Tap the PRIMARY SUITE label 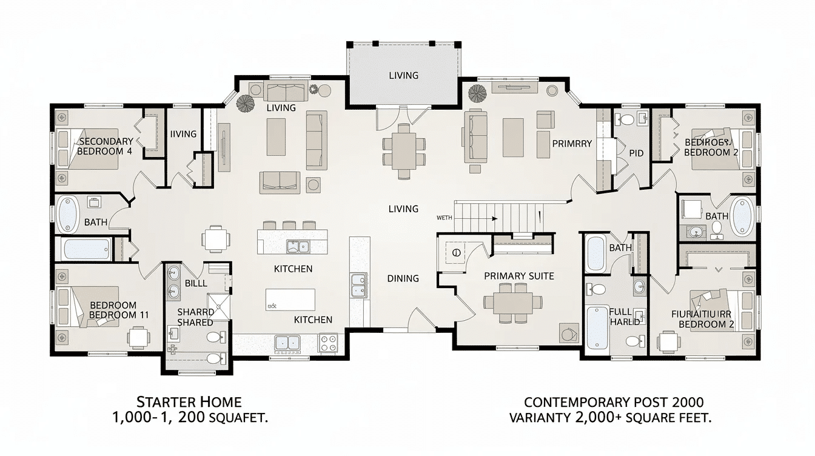[518, 276]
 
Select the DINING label [403, 278]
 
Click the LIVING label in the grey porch [403, 75]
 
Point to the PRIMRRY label [571, 144]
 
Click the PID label [636, 153]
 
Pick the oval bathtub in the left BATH [69, 213]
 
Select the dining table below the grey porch [403, 152]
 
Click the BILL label [195, 283]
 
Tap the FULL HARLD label [625, 317]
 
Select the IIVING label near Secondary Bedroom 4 [183, 133]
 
